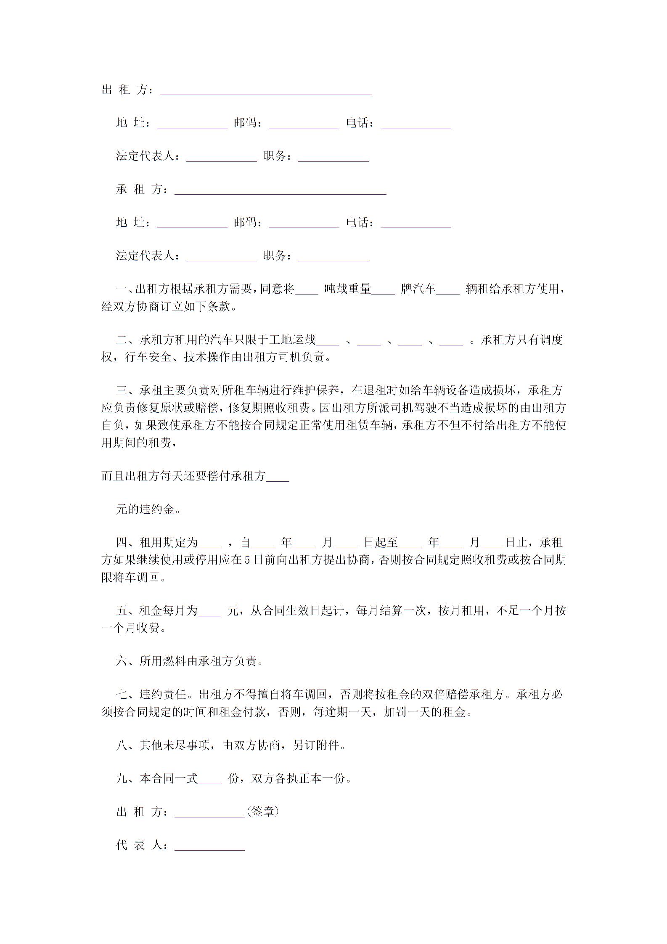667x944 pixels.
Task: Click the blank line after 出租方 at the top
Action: pos(265,92)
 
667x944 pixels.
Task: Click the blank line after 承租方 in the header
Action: pos(280,191)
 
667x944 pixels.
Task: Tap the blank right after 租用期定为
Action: pos(210,545)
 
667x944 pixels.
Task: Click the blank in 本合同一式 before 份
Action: pos(209,780)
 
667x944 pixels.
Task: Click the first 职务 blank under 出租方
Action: pos(333,158)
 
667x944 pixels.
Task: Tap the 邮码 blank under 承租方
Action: pos(304,225)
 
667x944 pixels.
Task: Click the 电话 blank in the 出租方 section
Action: pos(416,125)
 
